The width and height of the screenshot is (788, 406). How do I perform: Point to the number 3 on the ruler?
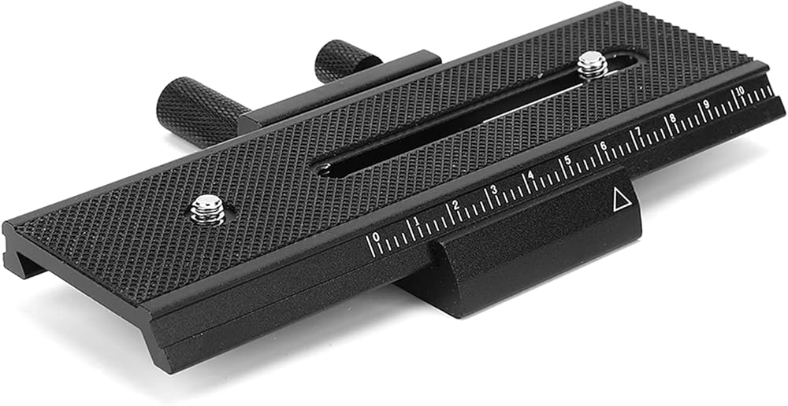tap(493, 189)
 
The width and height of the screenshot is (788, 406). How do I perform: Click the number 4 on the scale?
tap(530, 175)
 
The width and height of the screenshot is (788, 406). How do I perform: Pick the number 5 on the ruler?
tap(567, 161)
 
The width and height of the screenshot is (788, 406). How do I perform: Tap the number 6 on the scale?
tap(603, 147)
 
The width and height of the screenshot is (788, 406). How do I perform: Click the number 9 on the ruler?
tap(706, 105)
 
